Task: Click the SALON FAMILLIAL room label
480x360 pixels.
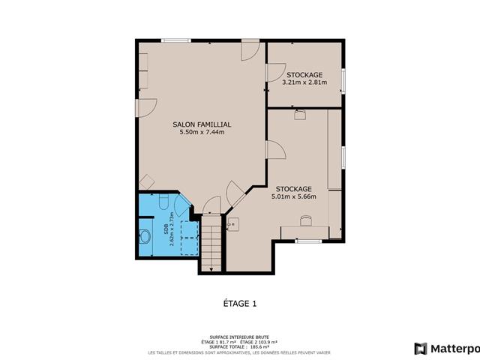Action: click(x=201, y=124)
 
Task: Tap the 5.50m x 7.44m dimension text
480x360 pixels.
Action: click(x=201, y=133)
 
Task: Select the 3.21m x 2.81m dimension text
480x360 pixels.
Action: click(x=304, y=82)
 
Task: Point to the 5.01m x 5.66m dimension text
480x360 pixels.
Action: click(x=294, y=197)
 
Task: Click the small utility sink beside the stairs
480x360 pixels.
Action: click(x=233, y=223)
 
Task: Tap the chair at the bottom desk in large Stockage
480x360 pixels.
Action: click(x=306, y=220)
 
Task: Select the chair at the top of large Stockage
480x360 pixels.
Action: click(x=301, y=115)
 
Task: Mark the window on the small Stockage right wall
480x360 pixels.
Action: click(x=343, y=81)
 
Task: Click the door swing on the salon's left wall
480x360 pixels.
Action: click(x=145, y=108)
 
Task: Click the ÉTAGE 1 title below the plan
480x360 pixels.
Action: click(x=240, y=304)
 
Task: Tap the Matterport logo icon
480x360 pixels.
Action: click(x=421, y=348)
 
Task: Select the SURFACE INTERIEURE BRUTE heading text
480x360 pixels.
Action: click(x=240, y=337)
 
